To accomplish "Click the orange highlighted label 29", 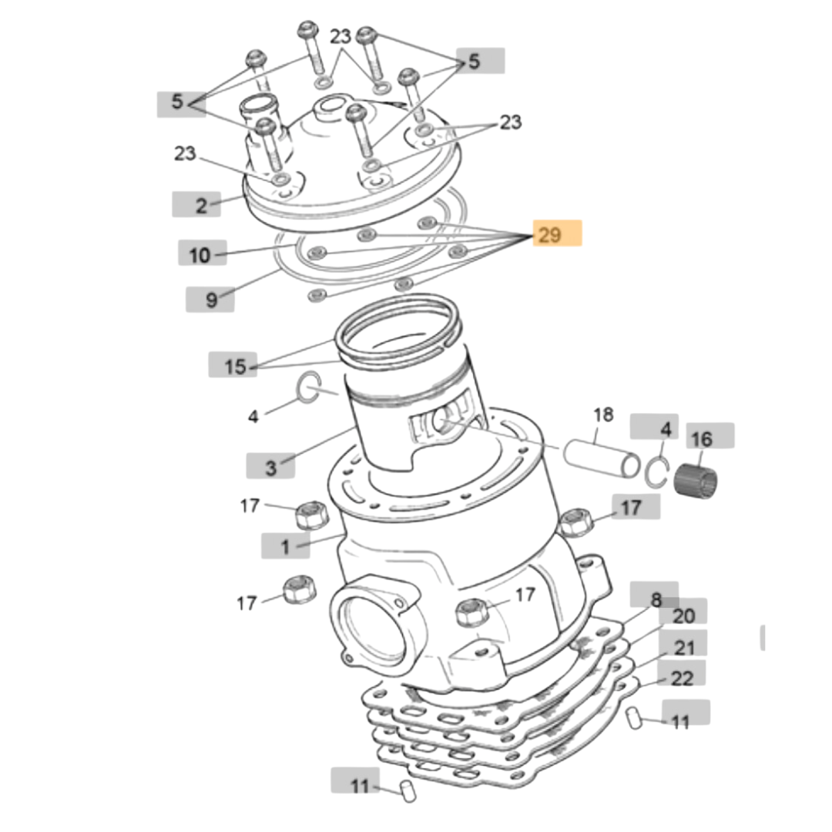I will coord(551,234).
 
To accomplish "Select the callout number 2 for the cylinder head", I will coord(201,205).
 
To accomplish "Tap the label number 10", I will coord(200,255).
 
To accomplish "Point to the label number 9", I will coord(210,300).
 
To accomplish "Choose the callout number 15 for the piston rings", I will coord(234,366).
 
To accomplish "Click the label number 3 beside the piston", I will coord(270,466).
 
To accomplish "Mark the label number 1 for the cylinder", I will coord(285,547).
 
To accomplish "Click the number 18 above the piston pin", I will coord(602,415).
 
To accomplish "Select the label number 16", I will coord(702,438).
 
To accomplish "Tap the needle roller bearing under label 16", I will coord(696,480).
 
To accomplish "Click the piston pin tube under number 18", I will coord(601,461).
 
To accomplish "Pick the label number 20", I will coord(683,615).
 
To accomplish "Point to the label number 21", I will coord(684,647).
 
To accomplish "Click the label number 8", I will coord(656,599).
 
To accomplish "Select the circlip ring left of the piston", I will coord(308,387).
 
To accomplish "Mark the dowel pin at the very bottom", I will coord(408,791).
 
